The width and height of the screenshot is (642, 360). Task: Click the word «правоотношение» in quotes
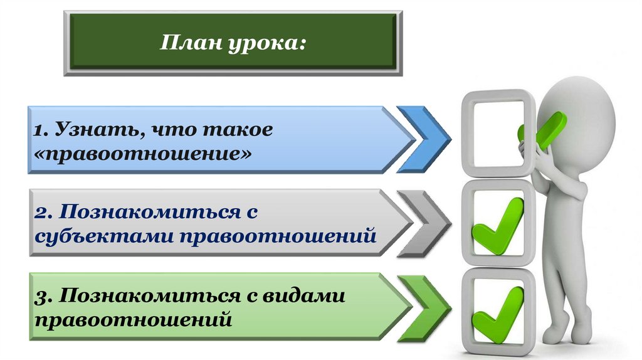pos(144,153)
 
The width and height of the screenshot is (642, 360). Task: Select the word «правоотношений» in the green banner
pos(134,319)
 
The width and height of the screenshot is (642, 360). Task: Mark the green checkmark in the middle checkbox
pos(499,225)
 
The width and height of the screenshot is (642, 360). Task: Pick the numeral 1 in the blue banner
pos(38,130)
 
